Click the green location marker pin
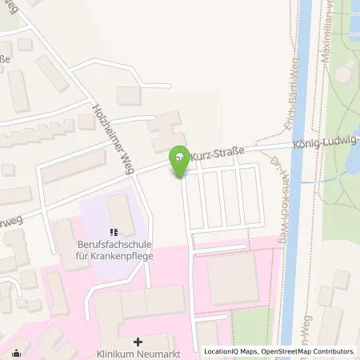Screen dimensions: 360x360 point(181,159)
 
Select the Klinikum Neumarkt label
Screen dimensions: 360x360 point(138,352)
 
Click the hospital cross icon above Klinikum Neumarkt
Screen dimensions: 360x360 point(138,340)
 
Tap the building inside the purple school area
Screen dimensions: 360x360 point(121,212)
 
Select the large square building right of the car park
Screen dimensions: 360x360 point(232,278)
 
